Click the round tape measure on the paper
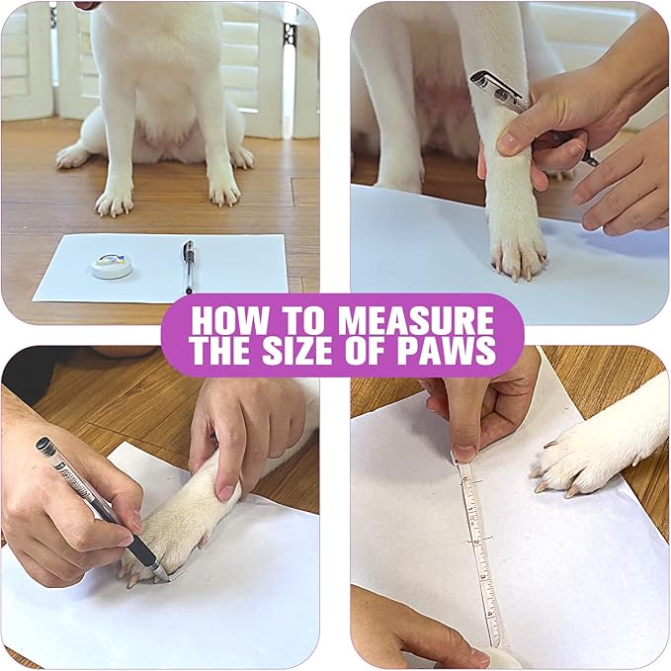(111, 264)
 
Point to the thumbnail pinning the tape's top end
(463, 454)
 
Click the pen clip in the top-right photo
(493, 84)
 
